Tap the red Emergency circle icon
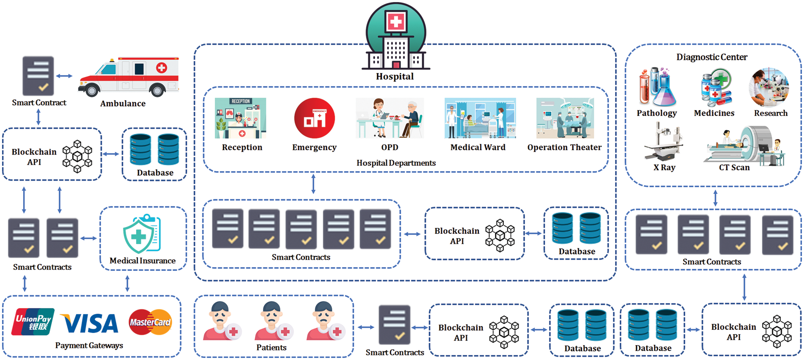[315, 118]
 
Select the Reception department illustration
[240, 118]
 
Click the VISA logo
[90, 324]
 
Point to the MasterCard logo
[150, 322]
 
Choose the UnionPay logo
[33, 322]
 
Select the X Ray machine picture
[663, 142]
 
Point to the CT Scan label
[734, 167]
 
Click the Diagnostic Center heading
[712, 57]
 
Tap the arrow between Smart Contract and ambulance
[64, 76]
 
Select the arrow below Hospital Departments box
[313, 184]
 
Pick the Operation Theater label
[564, 147]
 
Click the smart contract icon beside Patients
[394, 325]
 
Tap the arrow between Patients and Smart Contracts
[366, 327]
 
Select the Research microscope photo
[769, 87]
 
